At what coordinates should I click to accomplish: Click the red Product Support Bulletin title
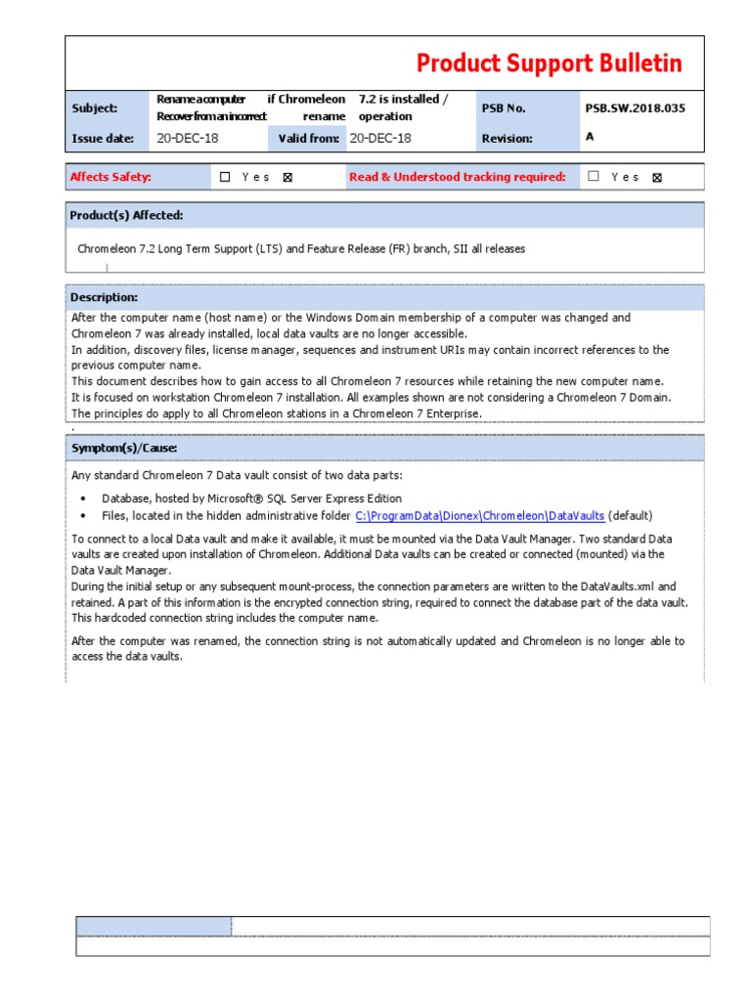tap(549, 64)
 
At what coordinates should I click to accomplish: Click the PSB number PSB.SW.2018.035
tap(635, 108)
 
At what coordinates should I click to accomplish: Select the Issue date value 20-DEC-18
tap(188, 138)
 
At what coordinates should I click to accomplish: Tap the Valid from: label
tap(309, 138)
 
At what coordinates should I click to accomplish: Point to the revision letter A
tap(590, 137)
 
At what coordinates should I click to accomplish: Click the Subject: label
tap(94, 108)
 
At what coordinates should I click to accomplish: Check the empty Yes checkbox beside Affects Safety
tap(225, 177)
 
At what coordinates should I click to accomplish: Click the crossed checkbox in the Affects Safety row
tap(287, 178)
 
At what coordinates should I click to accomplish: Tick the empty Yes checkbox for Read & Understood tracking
tap(594, 177)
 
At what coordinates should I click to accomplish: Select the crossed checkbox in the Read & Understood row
tap(656, 178)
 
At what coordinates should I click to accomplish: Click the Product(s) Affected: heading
tap(126, 215)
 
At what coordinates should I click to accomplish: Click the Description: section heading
tap(104, 297)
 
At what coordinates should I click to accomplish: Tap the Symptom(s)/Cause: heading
tap(123, 448)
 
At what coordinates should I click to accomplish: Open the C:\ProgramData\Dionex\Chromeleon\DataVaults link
tap(479, 515)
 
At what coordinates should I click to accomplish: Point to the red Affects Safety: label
tap(110, 177)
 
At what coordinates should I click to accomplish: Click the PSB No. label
tap(504, 108)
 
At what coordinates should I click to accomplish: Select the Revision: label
tap(507, 138)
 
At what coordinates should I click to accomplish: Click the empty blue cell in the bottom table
tap(154, 926)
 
